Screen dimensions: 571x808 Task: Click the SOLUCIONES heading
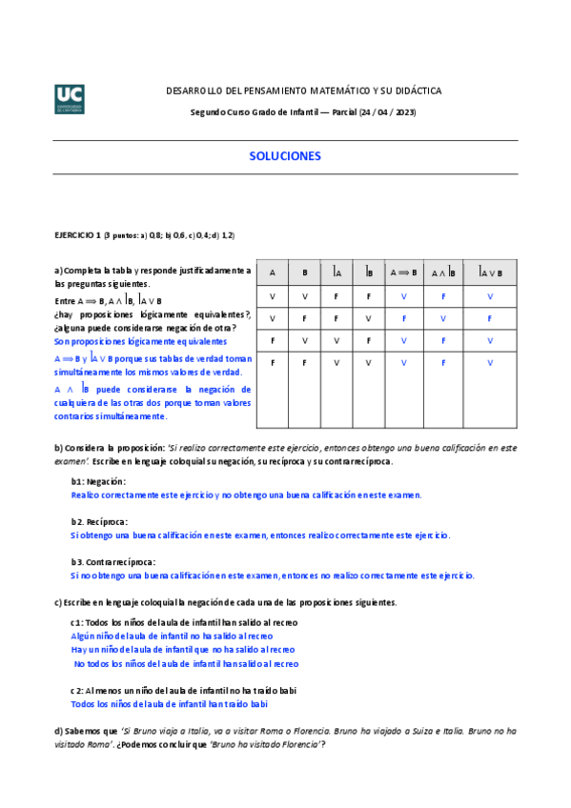[285, 156]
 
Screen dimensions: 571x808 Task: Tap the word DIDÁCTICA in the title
[418, 91]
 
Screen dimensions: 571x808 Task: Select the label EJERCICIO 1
[76, 234]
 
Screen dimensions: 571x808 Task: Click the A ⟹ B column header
[403, 273]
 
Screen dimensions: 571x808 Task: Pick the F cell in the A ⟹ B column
[403, 318]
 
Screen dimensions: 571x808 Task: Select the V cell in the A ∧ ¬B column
[443, 318]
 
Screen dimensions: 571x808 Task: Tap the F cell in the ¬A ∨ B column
[490, 318]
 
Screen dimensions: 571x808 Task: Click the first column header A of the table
[272, 273]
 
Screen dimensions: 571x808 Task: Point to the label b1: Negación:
[98, 482]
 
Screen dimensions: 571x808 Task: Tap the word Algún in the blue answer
[84, 636]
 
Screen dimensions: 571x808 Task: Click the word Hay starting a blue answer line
[79, 649]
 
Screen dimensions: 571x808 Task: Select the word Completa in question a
[85, 271]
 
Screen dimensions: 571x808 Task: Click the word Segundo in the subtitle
[209, 113]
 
